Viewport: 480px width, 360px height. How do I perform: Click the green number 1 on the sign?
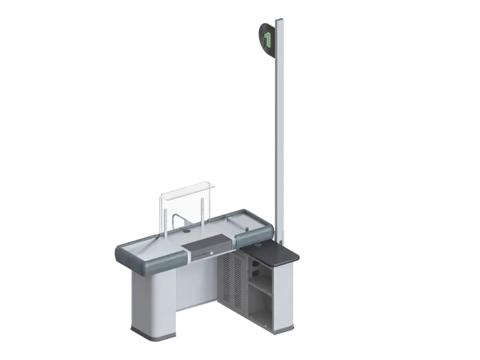(268, 40)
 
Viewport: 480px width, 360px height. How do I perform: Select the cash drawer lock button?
(211, 253)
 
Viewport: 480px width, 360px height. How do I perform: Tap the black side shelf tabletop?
(269, 253)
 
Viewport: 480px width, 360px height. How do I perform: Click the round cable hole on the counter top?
(187, 231)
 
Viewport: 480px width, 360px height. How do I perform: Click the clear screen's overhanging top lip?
(188, 189)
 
